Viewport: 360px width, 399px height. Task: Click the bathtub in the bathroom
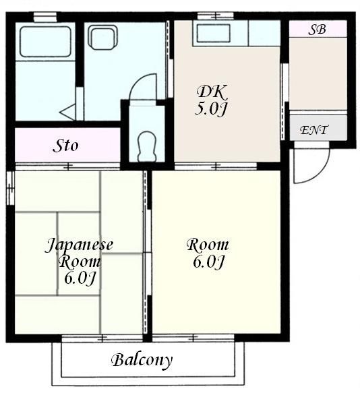(45, 42)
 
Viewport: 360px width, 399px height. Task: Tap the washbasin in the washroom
(102, 38)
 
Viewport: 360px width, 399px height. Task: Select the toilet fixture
(146, 146)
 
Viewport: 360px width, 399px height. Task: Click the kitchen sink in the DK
(213, 33)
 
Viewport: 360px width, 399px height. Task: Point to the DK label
(212, 92)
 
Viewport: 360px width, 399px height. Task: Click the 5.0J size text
(210, 109)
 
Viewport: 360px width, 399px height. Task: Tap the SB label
(317, 30)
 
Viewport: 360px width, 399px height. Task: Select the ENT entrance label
(314, 130)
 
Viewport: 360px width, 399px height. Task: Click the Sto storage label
(65, 146)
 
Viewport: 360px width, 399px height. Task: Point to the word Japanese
(79, 245)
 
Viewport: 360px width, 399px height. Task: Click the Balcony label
(142, 361)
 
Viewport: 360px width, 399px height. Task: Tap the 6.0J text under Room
(209, 262)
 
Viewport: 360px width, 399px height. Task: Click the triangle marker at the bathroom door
(67, 112)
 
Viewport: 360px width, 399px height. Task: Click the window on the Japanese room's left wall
(11, 188)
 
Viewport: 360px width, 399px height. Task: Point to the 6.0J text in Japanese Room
(80, 278)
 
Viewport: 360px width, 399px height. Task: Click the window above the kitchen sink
(216, 16)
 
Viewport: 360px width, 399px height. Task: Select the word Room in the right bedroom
(208, 245)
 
